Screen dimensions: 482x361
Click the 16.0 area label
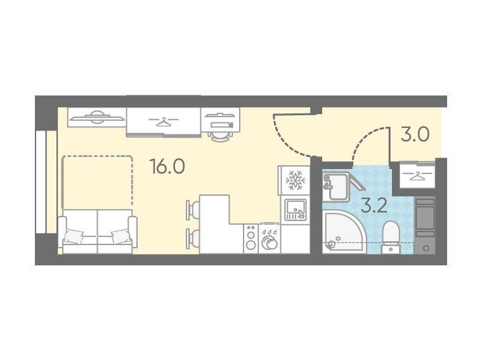click(167, 167)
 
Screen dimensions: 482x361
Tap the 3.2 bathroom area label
click(374, 206)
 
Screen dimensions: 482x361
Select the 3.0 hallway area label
click(415, 134)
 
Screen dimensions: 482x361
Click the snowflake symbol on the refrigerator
click(295, 180)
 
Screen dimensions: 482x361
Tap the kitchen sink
click(295, 210)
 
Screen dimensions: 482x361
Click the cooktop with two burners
click(251, 239)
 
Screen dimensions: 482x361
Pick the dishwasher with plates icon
click(270, 239)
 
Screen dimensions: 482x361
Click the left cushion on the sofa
click(74, 236)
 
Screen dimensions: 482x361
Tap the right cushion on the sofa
click(120, 236)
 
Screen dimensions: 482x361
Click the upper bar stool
click(193, 210)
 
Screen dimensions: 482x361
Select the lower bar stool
click(193, 238)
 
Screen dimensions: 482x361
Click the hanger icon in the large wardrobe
click(164, 122)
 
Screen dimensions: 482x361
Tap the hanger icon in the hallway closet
click(417, 176)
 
